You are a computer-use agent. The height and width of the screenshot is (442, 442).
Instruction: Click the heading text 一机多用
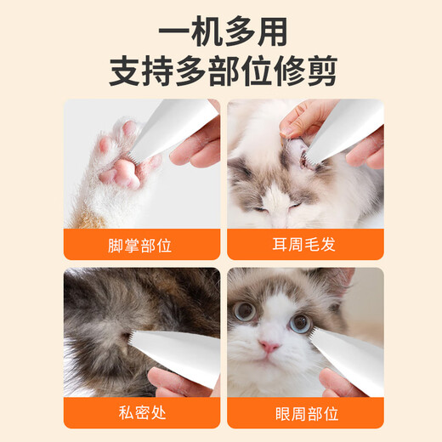point(221,31)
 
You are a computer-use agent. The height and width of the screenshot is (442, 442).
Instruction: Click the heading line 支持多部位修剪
point(221,71)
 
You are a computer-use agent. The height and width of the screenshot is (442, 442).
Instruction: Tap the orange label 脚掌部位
point(140,245)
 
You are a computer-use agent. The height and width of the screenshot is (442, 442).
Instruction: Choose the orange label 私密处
point(140,413)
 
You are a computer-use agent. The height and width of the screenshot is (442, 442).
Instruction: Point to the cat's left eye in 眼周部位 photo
point(246,311)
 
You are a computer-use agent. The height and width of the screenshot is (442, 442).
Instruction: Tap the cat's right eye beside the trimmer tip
point(300,322)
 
